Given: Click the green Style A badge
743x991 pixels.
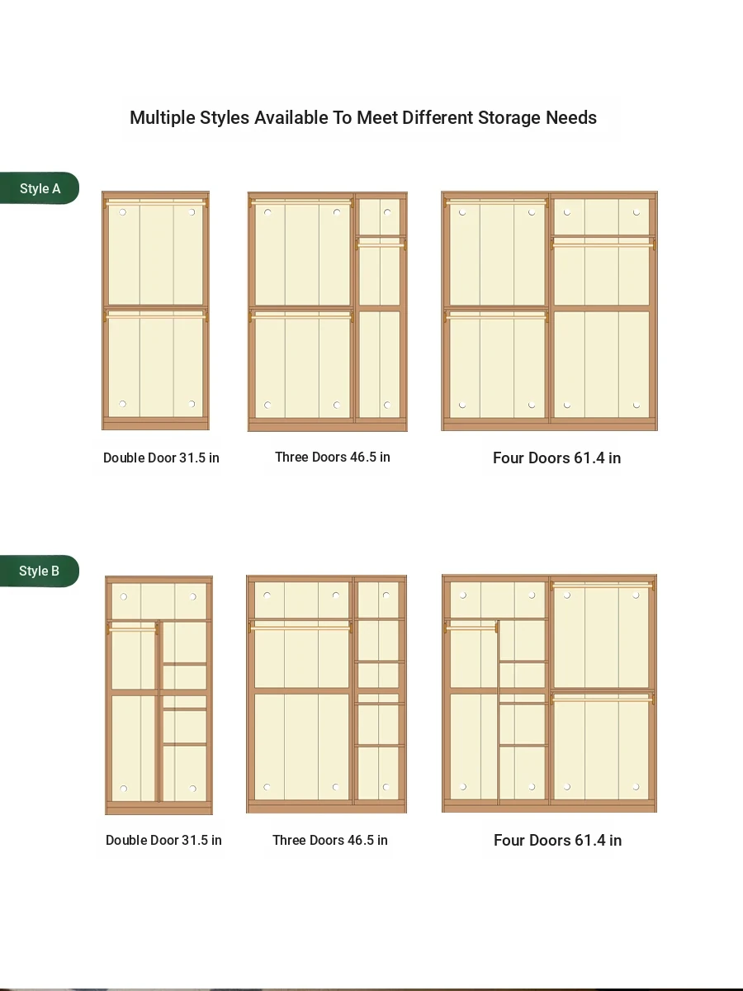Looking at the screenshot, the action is (x=40, y=187).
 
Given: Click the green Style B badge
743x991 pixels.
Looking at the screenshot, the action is (x=40, y=571).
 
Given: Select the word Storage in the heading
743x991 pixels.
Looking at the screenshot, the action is (x=509, y=118).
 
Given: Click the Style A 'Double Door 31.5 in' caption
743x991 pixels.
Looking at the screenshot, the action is (x=161, y=458).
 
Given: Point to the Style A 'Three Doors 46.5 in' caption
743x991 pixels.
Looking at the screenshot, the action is (x=333, y=457).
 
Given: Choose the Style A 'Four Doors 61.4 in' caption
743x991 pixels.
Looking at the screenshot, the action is (x=556, y=458).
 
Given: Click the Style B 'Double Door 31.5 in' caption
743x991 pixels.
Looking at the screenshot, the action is (x=163, y=840).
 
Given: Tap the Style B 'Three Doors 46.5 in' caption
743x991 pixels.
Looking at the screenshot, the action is (x=329, y=840).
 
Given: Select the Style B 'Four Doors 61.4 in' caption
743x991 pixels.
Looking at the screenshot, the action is (x=557, y=840).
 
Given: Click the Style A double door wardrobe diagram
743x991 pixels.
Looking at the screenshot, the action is (x=155, y=311).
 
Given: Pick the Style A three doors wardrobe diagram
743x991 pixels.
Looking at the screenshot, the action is (x=327, y=311).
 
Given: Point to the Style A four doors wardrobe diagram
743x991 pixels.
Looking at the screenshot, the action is (x=549, y=311).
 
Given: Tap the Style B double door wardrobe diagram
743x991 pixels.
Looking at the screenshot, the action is (x=159, y=695).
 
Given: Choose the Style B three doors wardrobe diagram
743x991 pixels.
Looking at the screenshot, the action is (x=326, y=694).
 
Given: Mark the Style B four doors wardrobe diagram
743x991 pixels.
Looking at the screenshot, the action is (x=549, y=694).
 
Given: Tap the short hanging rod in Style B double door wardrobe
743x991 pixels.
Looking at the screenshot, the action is (x=132, y=628).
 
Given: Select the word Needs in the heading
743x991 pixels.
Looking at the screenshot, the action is (x=571, y=118).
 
